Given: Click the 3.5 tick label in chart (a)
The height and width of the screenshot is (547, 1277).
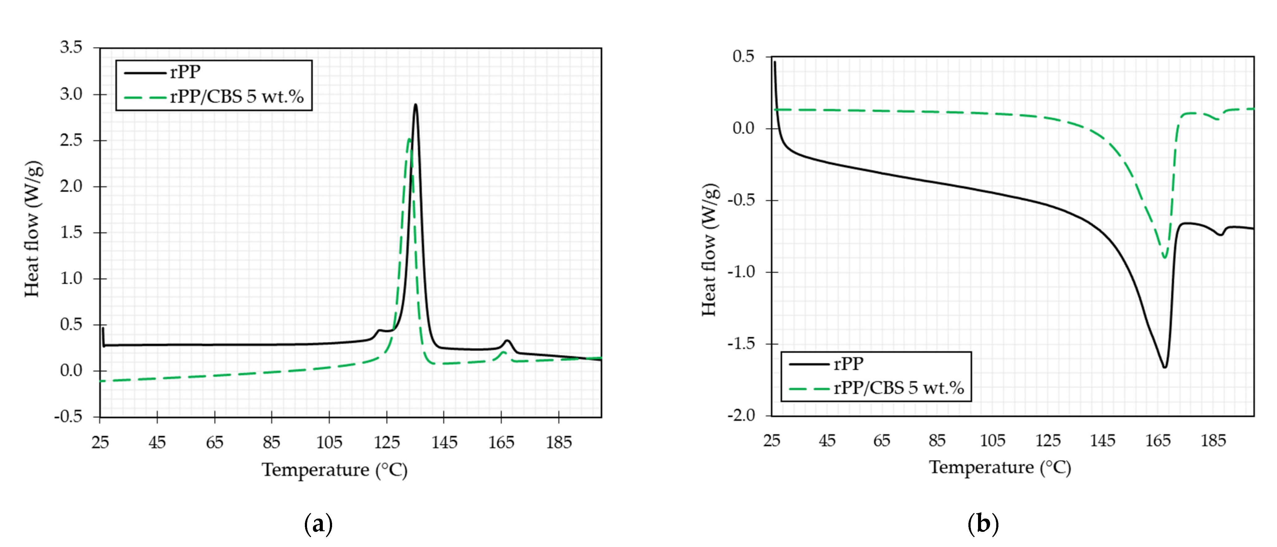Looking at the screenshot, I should [x=71, y=48].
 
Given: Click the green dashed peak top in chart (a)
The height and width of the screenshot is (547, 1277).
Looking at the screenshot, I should [x=409, y=139].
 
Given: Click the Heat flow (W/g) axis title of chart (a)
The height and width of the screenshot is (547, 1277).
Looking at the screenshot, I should [x=33, y=229].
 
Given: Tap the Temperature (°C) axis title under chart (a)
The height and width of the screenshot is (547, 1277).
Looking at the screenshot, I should [x=335, y=470].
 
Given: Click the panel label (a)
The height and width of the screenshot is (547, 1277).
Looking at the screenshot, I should [x=318, y=524].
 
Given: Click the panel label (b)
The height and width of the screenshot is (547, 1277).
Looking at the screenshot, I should [x=983, y=524].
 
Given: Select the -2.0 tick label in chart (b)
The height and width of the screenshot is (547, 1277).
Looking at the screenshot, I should [x=741, y=415].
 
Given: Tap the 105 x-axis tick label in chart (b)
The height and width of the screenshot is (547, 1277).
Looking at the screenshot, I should [x=993, y=440].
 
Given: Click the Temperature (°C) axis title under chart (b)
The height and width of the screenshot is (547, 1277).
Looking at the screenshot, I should [x=1000, y=467].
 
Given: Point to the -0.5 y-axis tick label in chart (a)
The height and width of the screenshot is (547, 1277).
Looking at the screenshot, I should [x=68, y=417].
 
